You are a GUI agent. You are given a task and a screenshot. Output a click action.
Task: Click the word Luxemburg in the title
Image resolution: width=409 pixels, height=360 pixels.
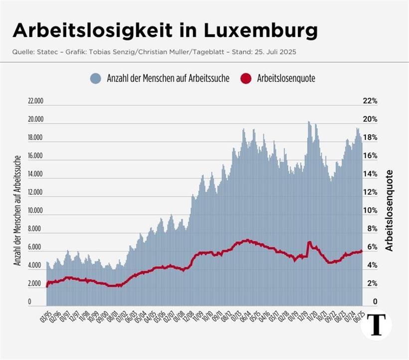pyautogui.click(x=261, y=31)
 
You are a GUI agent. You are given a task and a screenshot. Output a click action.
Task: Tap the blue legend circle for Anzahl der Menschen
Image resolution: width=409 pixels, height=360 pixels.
pyautogui.click(x=96, y=78)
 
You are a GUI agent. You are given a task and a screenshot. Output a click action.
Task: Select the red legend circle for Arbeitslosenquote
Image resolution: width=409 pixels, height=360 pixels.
pyautogui.click(x=246, y=78)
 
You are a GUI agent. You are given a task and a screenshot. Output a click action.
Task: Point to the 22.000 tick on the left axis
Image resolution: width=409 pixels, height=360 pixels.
pyautogui.click(x=36, y=101)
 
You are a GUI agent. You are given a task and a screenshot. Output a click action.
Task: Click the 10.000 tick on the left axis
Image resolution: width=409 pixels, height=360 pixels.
pyautogui.click(x=36, y=211)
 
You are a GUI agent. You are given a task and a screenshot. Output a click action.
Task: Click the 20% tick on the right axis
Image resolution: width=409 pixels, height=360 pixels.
pyautogui.click(x=370, y=119)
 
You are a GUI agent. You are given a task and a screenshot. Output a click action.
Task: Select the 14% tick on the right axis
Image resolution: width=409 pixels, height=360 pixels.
pyautogui.click(x=370, y=174)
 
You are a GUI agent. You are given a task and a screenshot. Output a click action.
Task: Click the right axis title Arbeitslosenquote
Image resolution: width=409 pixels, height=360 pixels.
pyautogui.click(x=390, y=210)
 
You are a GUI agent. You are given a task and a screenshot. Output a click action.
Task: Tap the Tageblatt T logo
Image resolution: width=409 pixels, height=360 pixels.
pyautogui.click(x=376, y=325)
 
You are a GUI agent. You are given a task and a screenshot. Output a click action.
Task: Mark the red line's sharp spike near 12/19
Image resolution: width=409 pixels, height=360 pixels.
pyautogui.click(x=309, y=243)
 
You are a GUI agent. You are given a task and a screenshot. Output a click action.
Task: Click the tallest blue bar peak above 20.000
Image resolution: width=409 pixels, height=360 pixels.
pyautogui.click(x=309, y=122)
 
